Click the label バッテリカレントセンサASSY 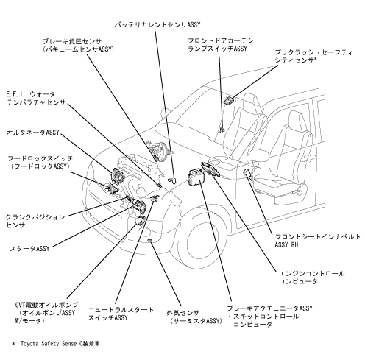pos(157,24)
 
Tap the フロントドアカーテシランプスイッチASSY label pos(221,44)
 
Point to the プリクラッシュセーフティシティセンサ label pos(314,56)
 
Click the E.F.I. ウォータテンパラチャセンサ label pos(36,98)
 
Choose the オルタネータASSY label pos(33,133)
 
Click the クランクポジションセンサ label pos(35,221)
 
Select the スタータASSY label pos(29,249)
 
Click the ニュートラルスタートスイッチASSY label pos(121,314)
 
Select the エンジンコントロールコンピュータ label pos(311,278)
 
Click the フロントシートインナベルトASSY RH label pos(318,241)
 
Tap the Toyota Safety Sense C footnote pos(56,344)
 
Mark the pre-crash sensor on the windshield pos(229,99)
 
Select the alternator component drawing pos(117,175)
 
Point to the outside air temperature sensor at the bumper pos(150,240)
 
